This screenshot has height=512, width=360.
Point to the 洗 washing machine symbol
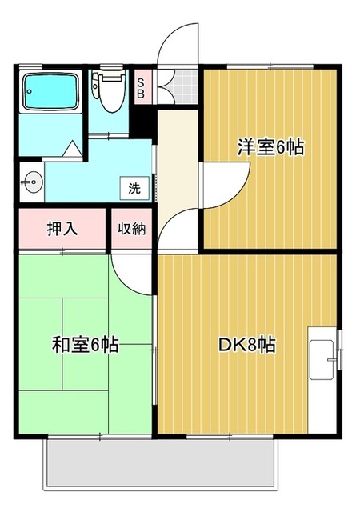tap(134, 189)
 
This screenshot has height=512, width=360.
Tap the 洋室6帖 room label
tap(270, 147)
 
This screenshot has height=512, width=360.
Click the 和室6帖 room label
tap(86, 345)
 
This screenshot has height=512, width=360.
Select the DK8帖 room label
tap(248, 345)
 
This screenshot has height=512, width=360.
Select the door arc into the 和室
tap(133, 276)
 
